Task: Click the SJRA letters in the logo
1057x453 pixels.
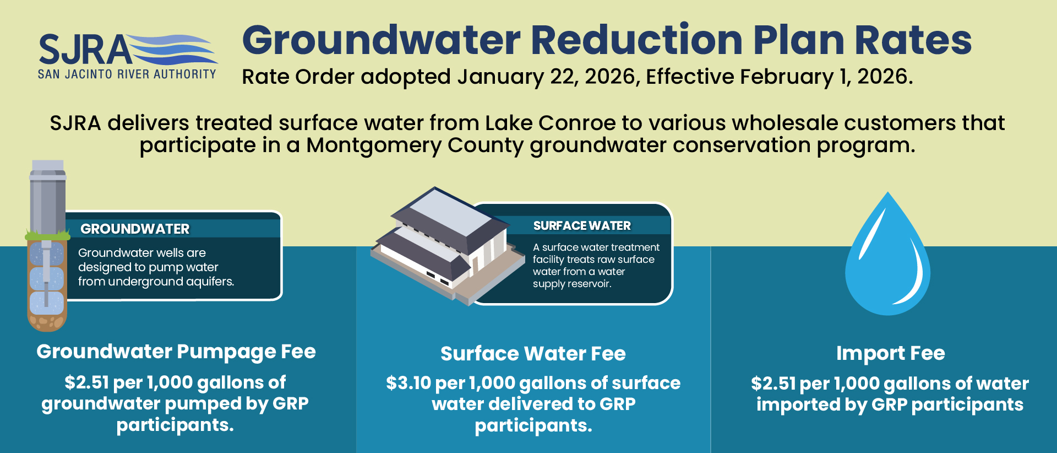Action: [x=84, y=50]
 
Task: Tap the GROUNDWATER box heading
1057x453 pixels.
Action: [x=135, y=229]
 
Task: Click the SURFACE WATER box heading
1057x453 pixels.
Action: [x=582, y=225]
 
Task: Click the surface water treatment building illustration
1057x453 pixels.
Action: [x=446, y=242]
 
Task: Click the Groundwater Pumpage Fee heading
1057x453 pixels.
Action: [x=176, y=352]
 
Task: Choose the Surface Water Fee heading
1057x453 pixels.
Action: [x=533, y=354]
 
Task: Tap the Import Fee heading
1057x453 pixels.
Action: [x=890, y=353]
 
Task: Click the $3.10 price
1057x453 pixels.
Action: [x=408, y=383]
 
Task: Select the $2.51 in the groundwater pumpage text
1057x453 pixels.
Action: [x=86, y=382]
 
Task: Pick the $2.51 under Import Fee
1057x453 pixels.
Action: [x=773, y=384]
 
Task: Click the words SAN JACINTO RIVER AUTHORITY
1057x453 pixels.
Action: [x=127, y=74]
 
